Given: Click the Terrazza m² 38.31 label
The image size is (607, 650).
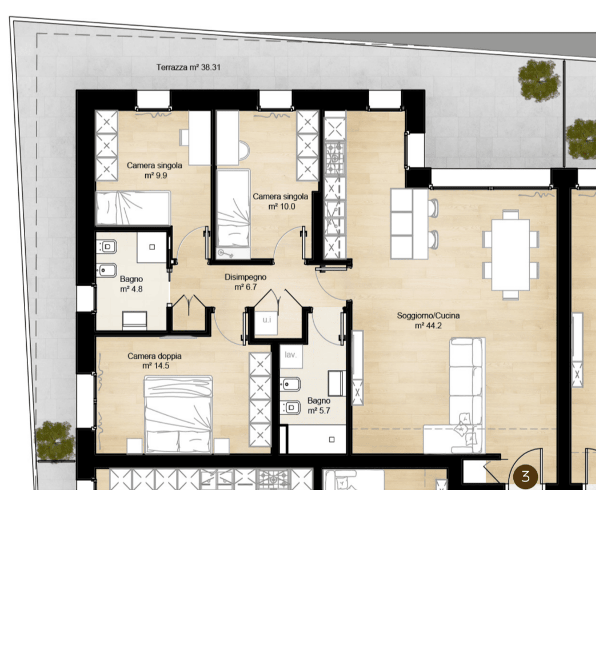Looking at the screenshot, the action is pyautogui.click(x=189, y=67).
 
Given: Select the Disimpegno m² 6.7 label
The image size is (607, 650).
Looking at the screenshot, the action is pyautogui.click(x=246, y=282).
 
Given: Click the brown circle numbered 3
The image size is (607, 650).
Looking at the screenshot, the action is pyautogui.click(x=526, y=476).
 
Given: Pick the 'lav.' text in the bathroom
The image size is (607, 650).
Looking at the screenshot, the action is pyautogui.click(x=290, y=355).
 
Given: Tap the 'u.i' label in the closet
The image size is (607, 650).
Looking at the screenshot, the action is pyautogui.click(x=267, y=320).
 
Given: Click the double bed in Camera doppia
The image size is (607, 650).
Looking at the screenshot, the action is pyautogui.click(x=178, y=414).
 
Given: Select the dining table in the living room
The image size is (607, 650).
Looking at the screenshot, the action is pyautogui.click(x=511, y=255).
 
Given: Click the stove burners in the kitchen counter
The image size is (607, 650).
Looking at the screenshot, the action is pyautogui.click(x=335, y=158).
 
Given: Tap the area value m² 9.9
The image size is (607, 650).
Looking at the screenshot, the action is pyautogui.click(x=156, y=175).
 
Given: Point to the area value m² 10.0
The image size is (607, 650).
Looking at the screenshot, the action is pyautogui.click(x=282, y=206).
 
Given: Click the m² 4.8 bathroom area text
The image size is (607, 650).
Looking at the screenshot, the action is pyautogui.click(x=131, y=288).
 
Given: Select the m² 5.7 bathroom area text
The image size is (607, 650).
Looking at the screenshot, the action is pyautogui.click(x=319, y=411).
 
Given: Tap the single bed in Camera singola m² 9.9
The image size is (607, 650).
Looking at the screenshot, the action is pyautogui.click(x=133, y=208).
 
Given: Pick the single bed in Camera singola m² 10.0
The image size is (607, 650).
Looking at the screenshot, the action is pyautogui.click(x=233, y=214).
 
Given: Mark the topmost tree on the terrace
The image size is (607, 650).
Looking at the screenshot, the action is pyautogui.click(x=539, y=81).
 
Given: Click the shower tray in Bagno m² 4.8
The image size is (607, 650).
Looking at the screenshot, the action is pyautogui.click(x=152, y=247).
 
